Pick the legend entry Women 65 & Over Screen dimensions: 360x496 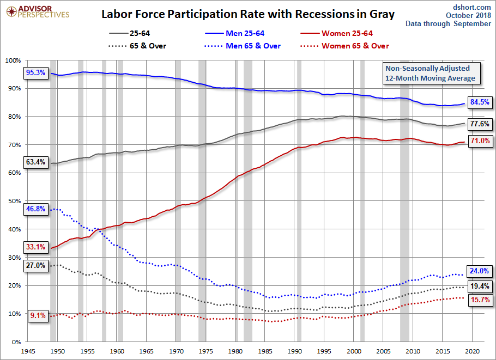(355, 46)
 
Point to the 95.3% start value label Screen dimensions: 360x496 (35, 73)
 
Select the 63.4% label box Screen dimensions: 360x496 (35, 162)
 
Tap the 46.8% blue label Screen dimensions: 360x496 (35, 209)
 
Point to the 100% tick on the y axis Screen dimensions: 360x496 (13, 60)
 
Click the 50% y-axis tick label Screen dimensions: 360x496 (14, 201)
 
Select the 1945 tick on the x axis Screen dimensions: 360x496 (29, 351)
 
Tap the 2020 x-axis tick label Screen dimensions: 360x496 (472, 351)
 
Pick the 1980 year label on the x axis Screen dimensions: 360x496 (235, 351)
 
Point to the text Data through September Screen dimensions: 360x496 (448, 24)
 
